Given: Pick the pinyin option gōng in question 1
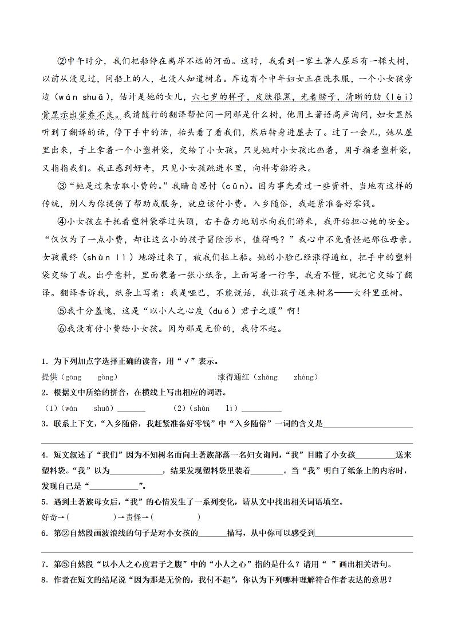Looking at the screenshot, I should coord(74,377).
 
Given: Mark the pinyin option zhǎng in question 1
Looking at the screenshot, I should coord(267,377).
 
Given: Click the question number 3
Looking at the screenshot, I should coord(44,424).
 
